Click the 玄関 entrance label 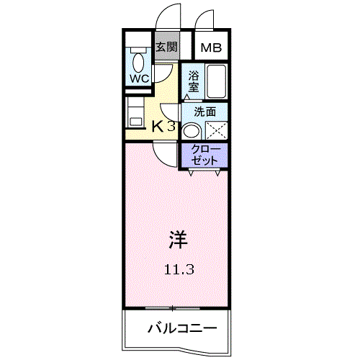[167, 47]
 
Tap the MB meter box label [211, 48]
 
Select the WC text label [140, 78]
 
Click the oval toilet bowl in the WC [138, 63]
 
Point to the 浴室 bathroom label [193, 81]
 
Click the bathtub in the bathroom [216, 81]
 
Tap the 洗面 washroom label [204, 112]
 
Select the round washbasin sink [192, 131]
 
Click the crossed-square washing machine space [216, 130]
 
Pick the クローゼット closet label [204, 155]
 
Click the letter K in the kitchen [158, 126]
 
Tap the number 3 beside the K [171, 126]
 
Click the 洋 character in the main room [178, 239]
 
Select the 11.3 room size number [179, 270]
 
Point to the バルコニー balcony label [182, 328]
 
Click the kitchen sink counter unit [135, 112]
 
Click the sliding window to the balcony [173, 308]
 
